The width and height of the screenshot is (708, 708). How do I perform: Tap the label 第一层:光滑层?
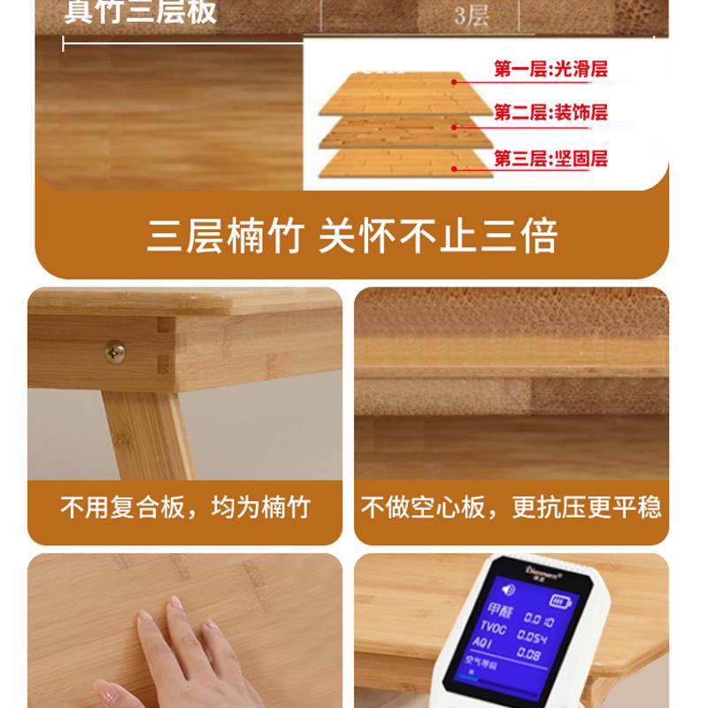tap(550, 69)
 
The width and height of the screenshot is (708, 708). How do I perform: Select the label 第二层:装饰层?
tap(550, 113)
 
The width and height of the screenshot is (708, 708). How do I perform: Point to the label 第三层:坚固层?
tap(550, 159)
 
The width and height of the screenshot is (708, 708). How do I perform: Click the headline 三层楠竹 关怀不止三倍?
tap(352, 237)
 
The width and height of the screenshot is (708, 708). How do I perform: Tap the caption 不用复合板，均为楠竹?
tap(185, 508)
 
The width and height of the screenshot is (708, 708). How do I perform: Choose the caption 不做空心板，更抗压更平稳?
tap(511, 508)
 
